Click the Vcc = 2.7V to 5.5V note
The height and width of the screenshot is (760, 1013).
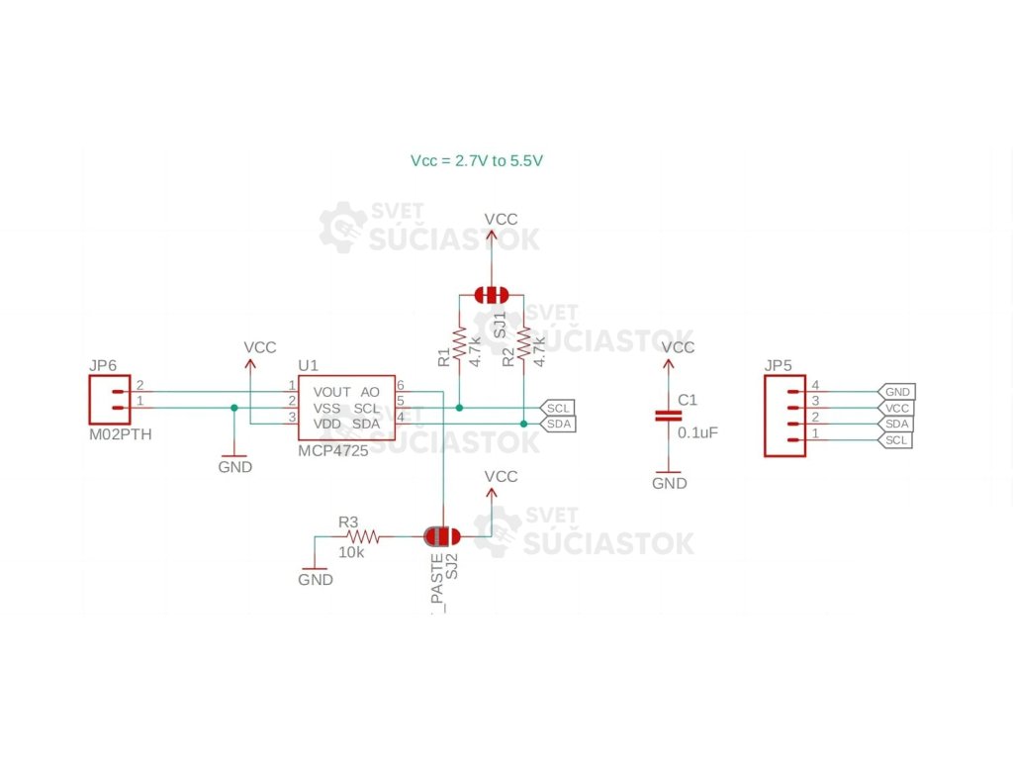point(477,159)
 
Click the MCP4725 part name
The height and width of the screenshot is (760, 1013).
point(332,450)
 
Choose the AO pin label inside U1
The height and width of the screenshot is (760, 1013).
point(370,391)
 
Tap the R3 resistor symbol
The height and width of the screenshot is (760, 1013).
point(363,536)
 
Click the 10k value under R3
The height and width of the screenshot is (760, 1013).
point(351,552)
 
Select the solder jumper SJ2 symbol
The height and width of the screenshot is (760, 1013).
point(441,536)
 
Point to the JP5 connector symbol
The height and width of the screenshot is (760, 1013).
point(784,416)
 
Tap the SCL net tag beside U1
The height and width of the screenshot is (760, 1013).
point(557,408)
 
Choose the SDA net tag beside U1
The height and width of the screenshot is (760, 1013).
point(557,424)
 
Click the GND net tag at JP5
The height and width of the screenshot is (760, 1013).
point(897,392)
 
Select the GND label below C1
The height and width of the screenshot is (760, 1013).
point(669,483)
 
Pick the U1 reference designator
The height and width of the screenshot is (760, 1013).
point(308,365)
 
